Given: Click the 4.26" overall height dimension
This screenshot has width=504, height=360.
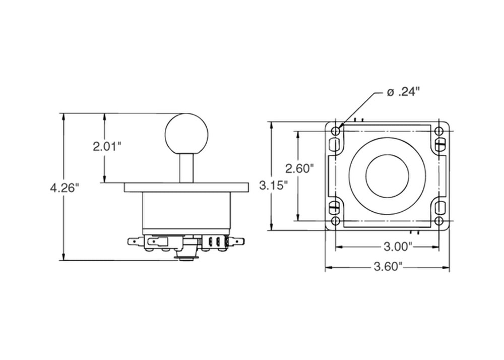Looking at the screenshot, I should click(65, 188).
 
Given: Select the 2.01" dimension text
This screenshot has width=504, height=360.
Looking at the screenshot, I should click(107, 147).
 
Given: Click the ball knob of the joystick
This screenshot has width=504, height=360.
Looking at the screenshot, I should click(186, 134).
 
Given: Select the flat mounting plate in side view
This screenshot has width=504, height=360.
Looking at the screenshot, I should click(186, 187).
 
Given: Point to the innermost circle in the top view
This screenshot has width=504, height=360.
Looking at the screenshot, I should click(387, 176).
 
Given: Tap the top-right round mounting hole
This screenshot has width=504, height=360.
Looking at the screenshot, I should click(438, 131).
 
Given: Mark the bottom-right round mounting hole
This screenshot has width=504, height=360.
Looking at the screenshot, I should click(438, 221).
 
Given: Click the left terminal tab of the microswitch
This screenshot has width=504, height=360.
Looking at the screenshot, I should click(134, 242).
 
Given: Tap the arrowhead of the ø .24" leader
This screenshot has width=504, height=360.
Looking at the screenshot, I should click(341, 126).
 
